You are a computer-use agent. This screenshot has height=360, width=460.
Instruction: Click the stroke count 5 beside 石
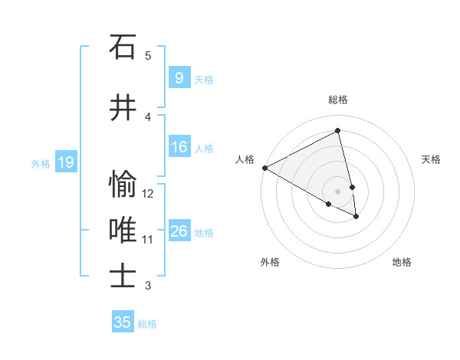[148, 55]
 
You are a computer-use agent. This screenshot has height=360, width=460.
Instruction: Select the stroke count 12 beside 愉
[148, 194]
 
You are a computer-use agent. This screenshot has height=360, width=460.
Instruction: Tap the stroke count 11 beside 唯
[148, 240]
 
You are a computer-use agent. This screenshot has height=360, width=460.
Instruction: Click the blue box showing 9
[179, 78]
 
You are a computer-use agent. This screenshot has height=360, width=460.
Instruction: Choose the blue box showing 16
[179, 147]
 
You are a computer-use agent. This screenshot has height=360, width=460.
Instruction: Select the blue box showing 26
[179, 231]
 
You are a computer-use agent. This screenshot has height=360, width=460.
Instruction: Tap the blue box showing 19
[65, 162]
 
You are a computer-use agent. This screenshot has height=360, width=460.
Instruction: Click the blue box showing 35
[123, 322]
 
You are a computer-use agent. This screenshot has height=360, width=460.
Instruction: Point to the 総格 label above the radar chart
[338, 100]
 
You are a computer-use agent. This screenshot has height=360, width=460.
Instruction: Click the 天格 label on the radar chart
[431, 159]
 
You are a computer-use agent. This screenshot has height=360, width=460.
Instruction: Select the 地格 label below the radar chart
[402, 262]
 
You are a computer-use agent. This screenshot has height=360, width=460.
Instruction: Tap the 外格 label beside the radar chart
[270, 262]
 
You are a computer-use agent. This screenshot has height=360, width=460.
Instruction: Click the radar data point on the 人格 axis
[264, 168]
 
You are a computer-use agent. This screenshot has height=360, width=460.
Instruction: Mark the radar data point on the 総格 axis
[338, 131]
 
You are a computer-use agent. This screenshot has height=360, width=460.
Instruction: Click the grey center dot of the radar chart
[338, 191]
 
